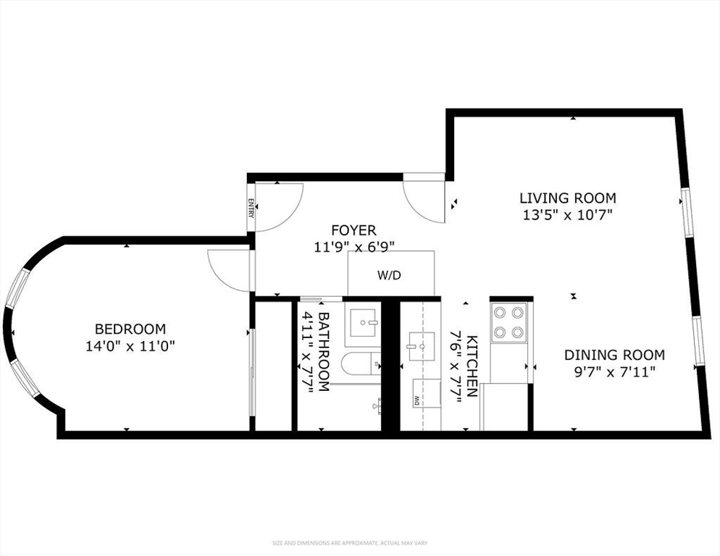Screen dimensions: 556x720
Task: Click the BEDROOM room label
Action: point(131,329)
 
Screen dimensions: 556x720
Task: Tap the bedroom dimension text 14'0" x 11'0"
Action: point(131,346)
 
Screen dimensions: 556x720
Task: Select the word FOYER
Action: point(353,230)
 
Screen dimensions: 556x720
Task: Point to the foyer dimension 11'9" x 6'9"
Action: point(353,246)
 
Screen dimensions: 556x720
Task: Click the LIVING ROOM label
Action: point(567,198)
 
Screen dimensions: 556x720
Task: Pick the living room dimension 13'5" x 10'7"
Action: point(567,214)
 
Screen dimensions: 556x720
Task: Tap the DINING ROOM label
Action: point(614,355)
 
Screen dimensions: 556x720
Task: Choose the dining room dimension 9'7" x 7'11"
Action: point(614,371)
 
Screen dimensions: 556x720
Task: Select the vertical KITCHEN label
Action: point(471,366)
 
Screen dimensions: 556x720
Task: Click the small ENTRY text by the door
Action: point(251,208)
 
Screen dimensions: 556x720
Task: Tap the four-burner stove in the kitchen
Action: point(508,323)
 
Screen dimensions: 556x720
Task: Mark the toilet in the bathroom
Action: point(359,364)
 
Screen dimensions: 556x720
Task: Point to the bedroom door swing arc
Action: point(227,267)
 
